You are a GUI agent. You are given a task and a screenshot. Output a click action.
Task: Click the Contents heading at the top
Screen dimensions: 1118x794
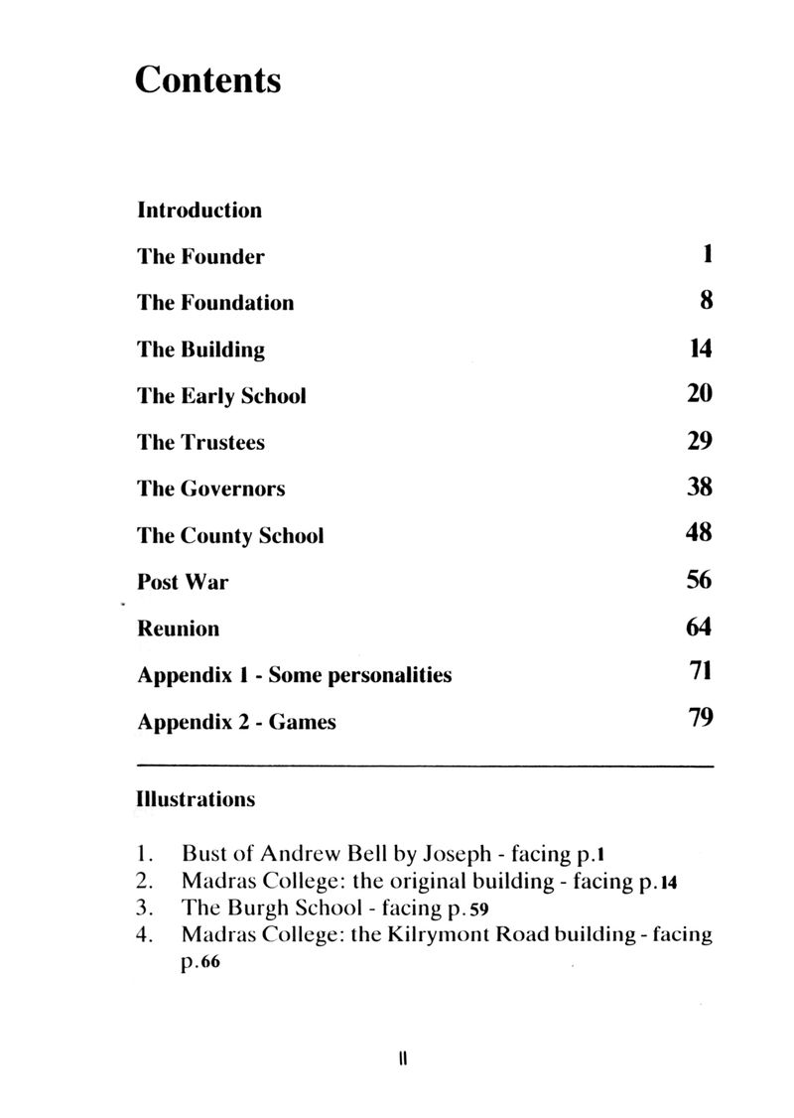208,79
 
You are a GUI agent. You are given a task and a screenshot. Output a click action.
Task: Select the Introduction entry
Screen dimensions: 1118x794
199,210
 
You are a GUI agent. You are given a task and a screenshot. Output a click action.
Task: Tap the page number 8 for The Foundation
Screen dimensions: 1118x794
706,301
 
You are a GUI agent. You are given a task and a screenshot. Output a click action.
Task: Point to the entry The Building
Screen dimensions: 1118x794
200,349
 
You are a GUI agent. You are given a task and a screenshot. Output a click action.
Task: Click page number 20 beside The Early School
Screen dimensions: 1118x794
700,394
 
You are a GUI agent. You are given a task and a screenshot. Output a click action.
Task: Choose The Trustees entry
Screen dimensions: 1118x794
200,443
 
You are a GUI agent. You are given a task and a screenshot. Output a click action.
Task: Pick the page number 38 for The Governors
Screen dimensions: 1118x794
700,488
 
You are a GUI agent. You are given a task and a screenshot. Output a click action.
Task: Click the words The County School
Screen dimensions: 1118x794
230,536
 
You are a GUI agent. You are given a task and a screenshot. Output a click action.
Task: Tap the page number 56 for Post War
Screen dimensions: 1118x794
700,581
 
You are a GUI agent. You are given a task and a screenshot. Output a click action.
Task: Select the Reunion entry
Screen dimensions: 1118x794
178,629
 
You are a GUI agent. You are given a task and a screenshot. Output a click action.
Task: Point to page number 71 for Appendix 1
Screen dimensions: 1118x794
701,674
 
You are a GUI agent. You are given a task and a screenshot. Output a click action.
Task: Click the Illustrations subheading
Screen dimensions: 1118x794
196,798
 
